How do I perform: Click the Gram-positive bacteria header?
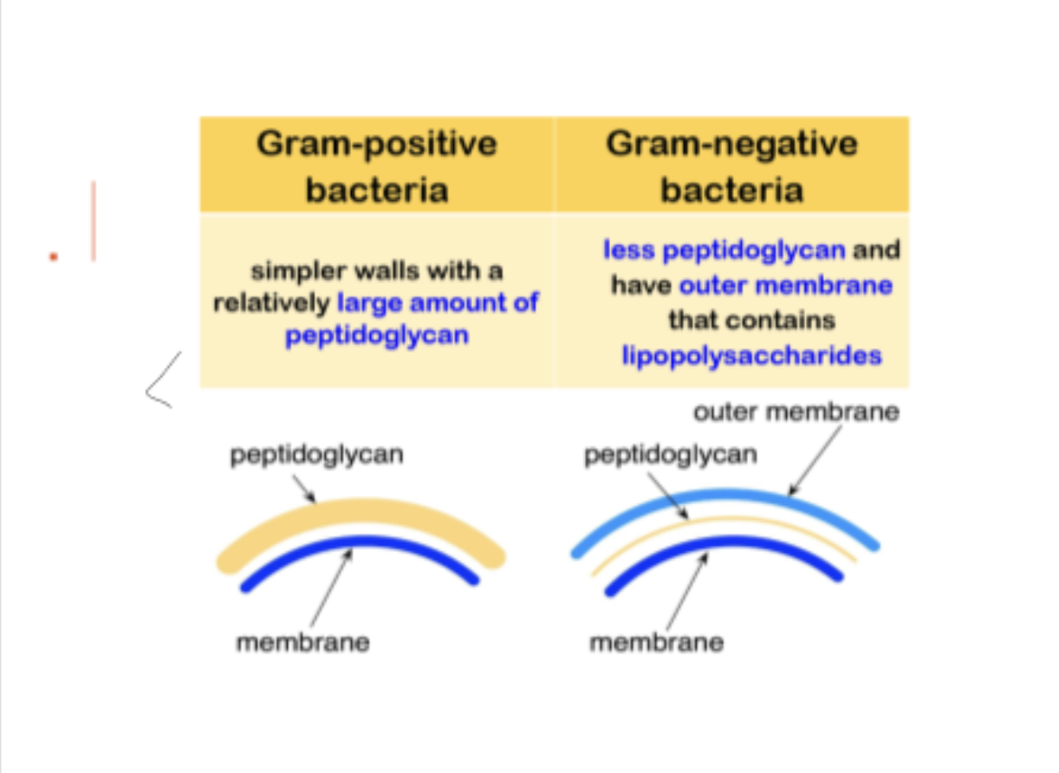click(376, 166)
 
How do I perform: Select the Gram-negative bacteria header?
click(731, 166)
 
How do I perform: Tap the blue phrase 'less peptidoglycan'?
click(724, 250)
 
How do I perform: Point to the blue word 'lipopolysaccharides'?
click(751, 355)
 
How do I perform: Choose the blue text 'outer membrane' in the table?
click(785, 285)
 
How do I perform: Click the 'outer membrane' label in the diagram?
click(796, 412)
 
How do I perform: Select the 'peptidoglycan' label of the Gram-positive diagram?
click(316, 454)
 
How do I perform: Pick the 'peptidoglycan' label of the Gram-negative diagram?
click(670, 454)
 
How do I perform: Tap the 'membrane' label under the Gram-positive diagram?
click(302, 642)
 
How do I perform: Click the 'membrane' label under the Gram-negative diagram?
click(656, 642)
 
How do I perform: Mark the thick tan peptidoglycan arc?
click(360, 512)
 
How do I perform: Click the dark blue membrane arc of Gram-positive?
click(360, 544)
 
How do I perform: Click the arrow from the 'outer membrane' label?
click(815, 459)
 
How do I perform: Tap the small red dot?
click(54, 256)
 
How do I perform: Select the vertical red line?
click(93, 221)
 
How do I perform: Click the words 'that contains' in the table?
click(751, 320)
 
